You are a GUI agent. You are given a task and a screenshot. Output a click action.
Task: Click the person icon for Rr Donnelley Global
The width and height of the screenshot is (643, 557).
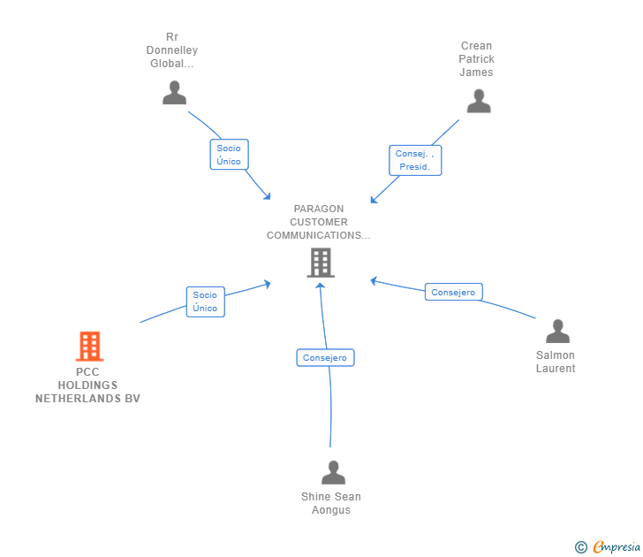(x=175, y=93)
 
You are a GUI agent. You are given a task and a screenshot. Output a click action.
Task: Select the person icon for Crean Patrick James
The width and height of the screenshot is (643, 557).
(x=479, y=102)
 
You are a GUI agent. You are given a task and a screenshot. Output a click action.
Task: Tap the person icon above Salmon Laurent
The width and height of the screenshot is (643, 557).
(x=558, y=332)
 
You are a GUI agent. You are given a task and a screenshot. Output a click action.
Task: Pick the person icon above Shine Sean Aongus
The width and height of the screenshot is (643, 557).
(x=333, y=473)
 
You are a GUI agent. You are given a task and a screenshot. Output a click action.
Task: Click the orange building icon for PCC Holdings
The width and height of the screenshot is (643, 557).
(x=89, y=347)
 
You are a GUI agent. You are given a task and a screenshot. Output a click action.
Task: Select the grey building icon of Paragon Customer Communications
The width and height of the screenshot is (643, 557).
(x=321, y=263)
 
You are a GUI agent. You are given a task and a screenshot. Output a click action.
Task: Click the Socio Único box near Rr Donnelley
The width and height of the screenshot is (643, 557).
(x=229, y=155)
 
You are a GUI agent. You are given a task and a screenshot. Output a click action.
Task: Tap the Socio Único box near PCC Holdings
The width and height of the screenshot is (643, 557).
(x=205, y=301)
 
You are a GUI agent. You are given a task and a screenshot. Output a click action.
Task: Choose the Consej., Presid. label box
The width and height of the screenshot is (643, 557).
(x=414, y=160)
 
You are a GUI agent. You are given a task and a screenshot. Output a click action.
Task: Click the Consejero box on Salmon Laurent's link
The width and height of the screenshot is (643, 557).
(x=453, y=292)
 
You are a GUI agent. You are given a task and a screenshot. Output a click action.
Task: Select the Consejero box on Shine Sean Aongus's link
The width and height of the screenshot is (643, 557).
(x=325, y=358)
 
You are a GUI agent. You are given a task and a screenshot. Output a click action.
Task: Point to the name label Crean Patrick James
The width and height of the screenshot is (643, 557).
(x=476, y=59)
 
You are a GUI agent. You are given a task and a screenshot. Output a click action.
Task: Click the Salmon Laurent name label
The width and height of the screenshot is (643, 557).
(x=556, y=362)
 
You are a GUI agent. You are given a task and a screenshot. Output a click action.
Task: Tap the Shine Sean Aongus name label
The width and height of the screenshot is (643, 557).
(x=331, y=503)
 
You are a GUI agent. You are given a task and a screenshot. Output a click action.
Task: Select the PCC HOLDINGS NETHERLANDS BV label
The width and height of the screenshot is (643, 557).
(x=87, y=385)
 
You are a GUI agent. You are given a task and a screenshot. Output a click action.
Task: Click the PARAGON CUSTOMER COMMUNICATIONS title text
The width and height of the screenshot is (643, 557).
(x=319, y=223)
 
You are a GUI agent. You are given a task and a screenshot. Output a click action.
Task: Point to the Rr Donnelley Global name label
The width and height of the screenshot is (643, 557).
(x=172, y=50)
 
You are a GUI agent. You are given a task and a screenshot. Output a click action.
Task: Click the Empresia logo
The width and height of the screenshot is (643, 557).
(x=616, y=547)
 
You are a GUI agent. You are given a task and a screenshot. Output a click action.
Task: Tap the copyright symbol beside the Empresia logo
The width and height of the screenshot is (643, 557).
(x=581, y=547)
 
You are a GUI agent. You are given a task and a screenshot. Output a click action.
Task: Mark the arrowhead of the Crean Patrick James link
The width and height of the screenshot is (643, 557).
(x=374, y=201)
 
